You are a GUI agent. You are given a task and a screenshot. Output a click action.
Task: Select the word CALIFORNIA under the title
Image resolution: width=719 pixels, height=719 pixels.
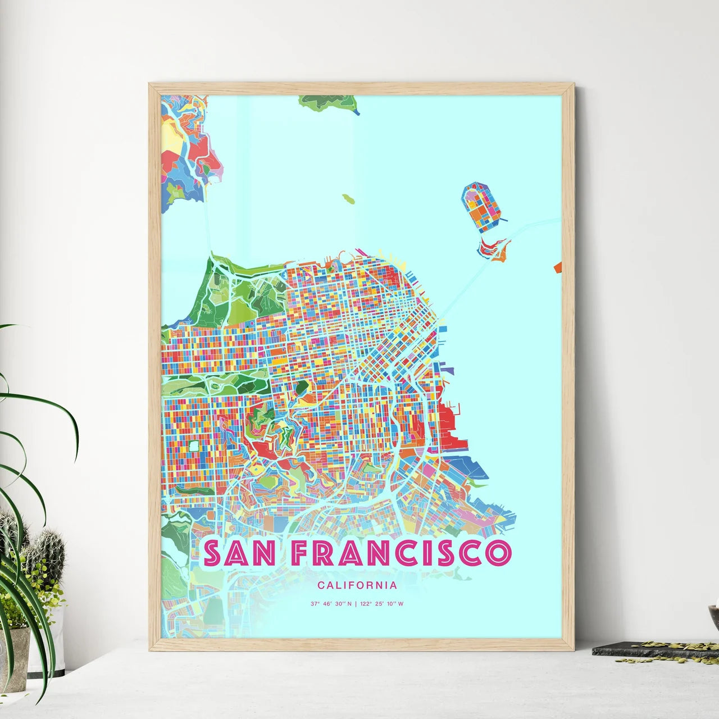[x=357, y=585]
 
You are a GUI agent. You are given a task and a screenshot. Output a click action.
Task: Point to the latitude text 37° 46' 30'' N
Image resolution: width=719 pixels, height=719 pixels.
[x=331, y=604]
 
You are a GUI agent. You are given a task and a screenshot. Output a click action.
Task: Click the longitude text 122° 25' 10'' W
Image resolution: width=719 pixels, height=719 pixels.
[x=381, y=604]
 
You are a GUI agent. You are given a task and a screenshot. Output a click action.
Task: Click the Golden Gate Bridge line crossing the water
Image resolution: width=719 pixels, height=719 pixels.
[x=208, y=225]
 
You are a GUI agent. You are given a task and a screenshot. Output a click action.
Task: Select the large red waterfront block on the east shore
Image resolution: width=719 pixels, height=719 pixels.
[x=447, y=419]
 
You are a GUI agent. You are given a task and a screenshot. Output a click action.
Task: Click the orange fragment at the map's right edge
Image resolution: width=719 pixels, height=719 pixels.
[x=558, y=267]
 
